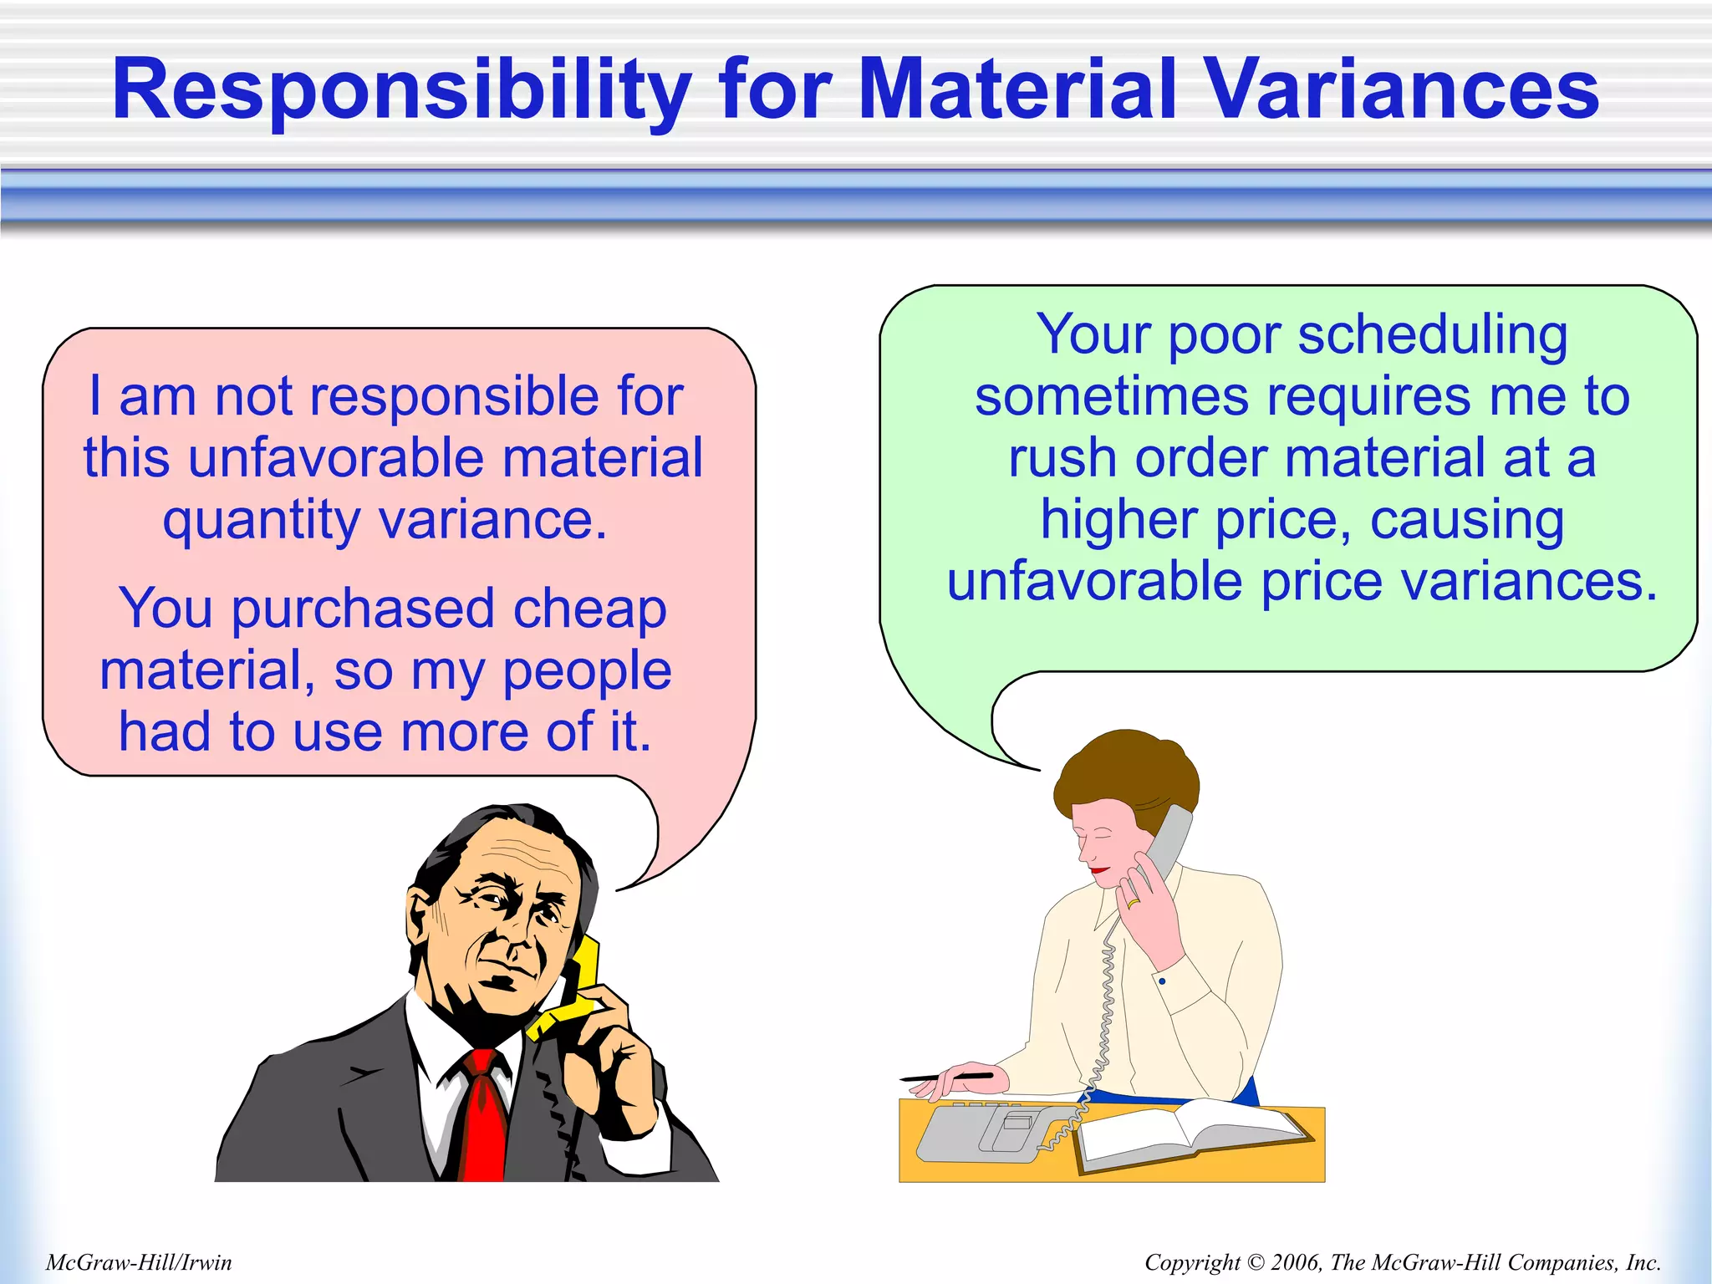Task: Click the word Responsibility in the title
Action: pyautogui.click(x=401, y=90)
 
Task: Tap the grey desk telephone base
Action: pyautogui.click(x=986, y=1133)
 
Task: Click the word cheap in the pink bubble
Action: pyautogui.click(x=589, y=608)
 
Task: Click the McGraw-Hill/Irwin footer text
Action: pyautogui.click(x=139, y=1262)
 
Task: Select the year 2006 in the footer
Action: pyautogui.click(x=1295, y=1262)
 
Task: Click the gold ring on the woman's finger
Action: pyautogui.click(x=1133, y=903)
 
